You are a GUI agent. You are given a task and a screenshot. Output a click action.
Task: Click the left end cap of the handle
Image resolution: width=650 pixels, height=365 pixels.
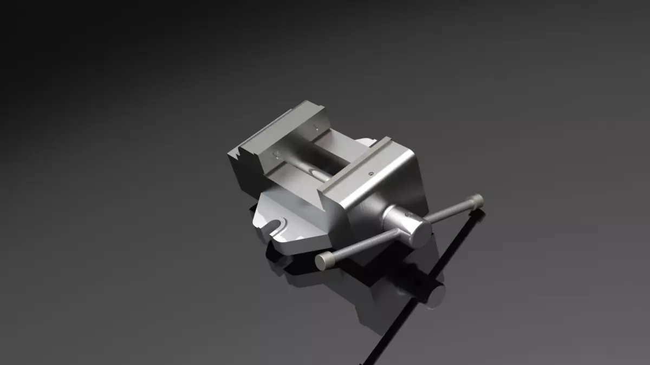pyautogui.click(x=324, y=262)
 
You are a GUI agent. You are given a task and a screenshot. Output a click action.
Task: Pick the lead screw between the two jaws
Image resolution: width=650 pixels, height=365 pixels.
pyautogui.click(x=314, y=173)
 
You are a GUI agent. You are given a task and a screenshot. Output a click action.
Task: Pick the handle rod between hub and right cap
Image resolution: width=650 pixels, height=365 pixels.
pyautogui.click(x=450, y=211)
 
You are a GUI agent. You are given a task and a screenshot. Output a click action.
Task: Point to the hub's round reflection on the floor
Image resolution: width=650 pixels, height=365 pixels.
pyautogui.click(x=433, y=295)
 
